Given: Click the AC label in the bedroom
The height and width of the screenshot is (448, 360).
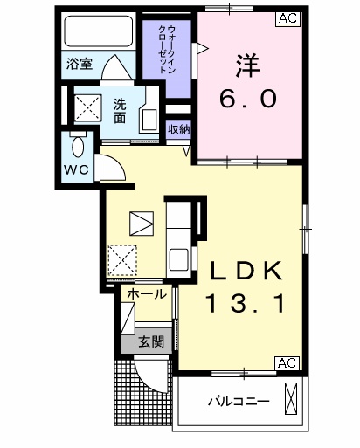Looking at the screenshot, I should click(x=287, y=17).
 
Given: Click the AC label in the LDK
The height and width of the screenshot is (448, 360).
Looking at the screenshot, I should click(x=287, y=362).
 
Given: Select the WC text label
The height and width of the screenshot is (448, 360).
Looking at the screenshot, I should click(x=75, y=169).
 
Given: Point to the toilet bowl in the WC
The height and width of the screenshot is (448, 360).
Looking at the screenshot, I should click(x=77, y=145).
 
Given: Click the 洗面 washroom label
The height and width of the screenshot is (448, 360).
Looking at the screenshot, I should click(x=120, y=110).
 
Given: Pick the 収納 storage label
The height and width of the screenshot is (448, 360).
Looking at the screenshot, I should click(x=179, y=129).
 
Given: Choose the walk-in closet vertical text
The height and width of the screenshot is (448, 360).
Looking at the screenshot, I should click(x=167, y=53).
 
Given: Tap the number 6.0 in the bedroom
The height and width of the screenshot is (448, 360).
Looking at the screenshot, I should click(x=247, y=99).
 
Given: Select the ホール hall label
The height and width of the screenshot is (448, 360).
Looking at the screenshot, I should click(x=146, y=294).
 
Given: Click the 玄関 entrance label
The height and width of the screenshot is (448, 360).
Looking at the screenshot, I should click(x=149, y=341).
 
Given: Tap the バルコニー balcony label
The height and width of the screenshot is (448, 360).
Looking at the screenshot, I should click(x=239, y=403).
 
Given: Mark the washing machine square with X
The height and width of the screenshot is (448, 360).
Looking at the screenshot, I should click(x=88, y=109).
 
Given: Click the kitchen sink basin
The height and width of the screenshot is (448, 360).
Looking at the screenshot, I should click(x=180, y=259).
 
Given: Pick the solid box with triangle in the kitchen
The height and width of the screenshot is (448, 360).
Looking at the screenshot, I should click(x=140, y=224).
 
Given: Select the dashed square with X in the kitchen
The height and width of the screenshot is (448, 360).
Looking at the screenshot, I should click(x=121, y=258).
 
